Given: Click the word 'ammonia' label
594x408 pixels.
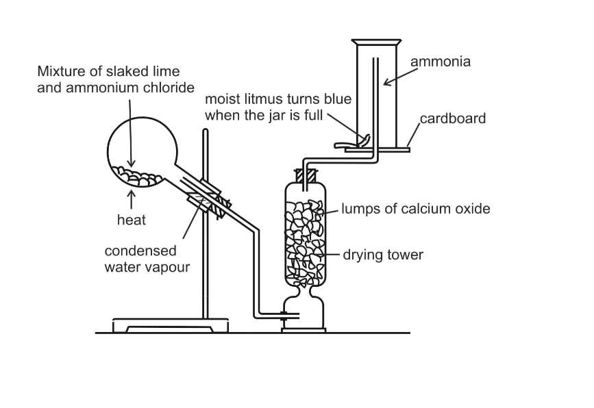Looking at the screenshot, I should pyautogui.click(x=440, y=62).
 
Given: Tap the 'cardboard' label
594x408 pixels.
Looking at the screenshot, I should pyautogui.click(x=453, y=118).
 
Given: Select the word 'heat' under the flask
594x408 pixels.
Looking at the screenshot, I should pyautogui.click(x=131, y=220).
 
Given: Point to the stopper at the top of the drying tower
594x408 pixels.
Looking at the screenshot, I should pyautogui.click(x=306, y=176).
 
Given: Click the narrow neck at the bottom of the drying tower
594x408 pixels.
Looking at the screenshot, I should pyautogui.click(x=306, y=293).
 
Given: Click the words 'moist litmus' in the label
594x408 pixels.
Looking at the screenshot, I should pyautogui.click(x=240, y=100).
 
